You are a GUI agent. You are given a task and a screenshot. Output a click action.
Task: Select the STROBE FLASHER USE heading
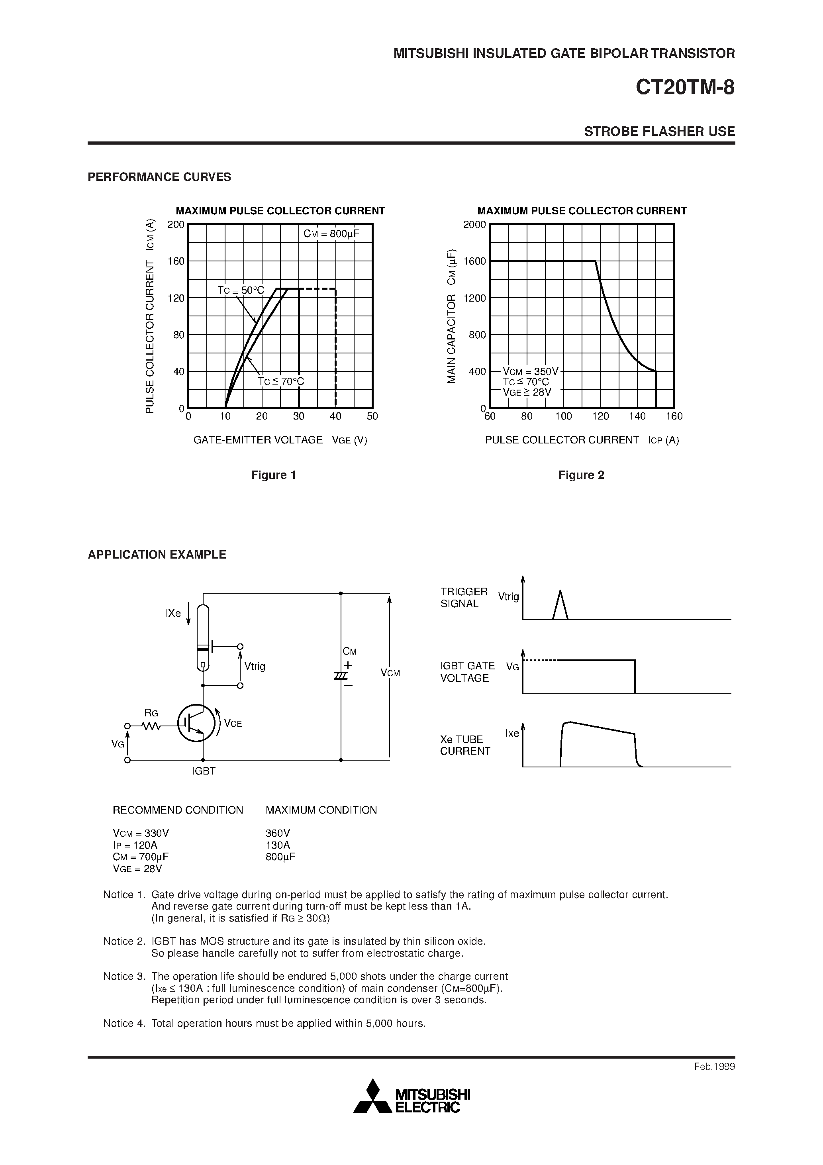(659, 131)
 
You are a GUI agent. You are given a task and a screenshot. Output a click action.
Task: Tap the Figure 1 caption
(274, 475)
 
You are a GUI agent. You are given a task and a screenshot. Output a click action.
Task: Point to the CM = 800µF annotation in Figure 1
(331, 234)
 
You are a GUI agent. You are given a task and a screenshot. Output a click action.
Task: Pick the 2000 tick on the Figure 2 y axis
(474, 225)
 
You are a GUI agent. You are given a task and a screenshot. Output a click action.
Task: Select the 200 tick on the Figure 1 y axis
(176, 225)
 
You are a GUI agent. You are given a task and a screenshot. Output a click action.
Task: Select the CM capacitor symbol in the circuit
(341, 676)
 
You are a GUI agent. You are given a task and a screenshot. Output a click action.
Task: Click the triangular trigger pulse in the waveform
(560, 605)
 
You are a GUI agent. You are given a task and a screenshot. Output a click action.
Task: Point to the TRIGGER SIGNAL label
(463, 598)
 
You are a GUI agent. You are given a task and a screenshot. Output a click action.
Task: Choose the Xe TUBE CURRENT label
(465, 745)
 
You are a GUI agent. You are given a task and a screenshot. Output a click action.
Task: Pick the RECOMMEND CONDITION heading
(178, 810)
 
